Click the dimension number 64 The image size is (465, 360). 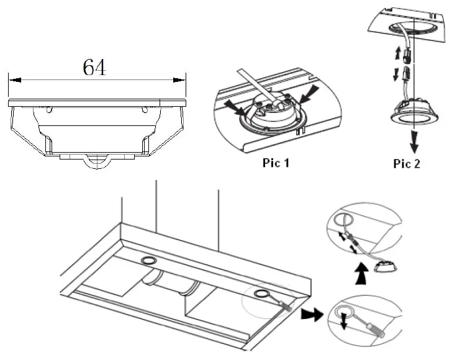pos(94,67)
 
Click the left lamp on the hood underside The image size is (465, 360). pos(149,259)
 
